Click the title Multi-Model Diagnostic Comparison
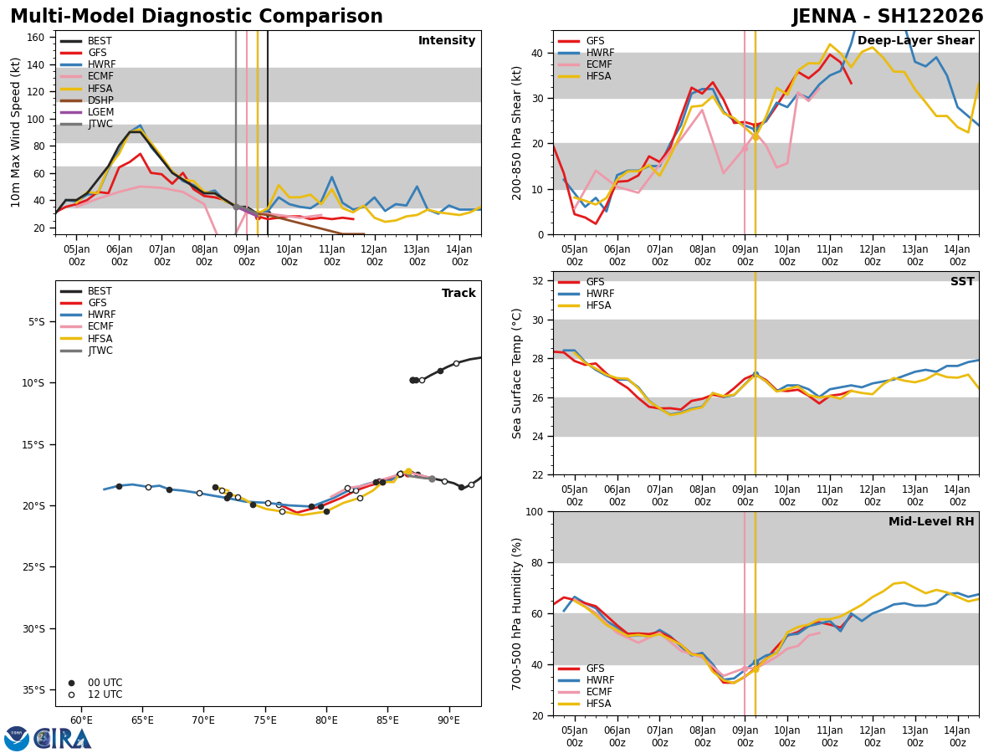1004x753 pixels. point(197,17)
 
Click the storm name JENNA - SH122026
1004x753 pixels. point(888,17)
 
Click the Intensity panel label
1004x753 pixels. point(447,41)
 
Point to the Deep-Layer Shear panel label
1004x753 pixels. point(915,41)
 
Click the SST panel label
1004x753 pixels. point(962,282)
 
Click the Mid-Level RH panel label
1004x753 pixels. point(931,522)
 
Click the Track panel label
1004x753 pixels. point(458,294)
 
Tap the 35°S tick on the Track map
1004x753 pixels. point(34,690)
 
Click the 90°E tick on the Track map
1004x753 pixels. point(448,720)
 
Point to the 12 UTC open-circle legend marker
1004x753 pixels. point(71,694)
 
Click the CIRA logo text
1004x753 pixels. point(63,738)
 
